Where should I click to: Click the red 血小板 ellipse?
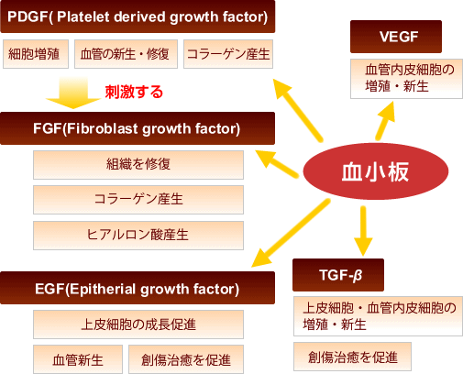[376, 171]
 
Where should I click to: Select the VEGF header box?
[396, 37]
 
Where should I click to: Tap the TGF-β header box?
[338, 275]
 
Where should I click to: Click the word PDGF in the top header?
[28, 16]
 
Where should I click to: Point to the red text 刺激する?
[134, 92]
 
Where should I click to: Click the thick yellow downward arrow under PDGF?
[73, 93]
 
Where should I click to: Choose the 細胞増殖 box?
[36, 54]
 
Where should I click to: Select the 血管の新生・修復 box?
[126, 54]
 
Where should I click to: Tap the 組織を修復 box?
[138, 165]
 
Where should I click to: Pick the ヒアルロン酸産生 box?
[138, 236]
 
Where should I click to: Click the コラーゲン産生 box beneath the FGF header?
[138, 200]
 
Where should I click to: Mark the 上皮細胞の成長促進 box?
[138, 324]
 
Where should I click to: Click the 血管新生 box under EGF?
[78, 359]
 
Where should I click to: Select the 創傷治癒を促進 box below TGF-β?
[352, 357]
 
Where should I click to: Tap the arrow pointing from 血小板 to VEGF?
[386, 121]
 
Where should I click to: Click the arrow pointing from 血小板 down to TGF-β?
[363, 231]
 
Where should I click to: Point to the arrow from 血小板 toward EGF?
[291, 233]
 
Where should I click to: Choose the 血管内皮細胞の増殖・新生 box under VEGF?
[406, 79]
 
